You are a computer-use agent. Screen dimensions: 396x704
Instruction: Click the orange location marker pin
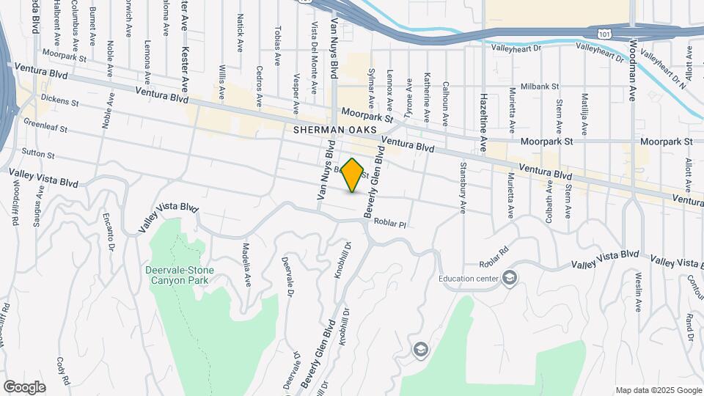point(353,175)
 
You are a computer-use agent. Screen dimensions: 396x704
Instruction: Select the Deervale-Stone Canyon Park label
point(180,276)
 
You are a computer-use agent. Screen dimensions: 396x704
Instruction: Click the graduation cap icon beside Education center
point(510,277)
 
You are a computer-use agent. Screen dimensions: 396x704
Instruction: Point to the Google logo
point(24,386)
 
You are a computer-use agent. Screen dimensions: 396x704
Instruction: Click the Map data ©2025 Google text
point(658,390)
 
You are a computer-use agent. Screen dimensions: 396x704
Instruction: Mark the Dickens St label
point(59,98)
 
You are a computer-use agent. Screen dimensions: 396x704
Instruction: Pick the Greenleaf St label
point(45,125)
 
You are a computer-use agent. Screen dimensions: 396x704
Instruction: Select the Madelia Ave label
point(247,256)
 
